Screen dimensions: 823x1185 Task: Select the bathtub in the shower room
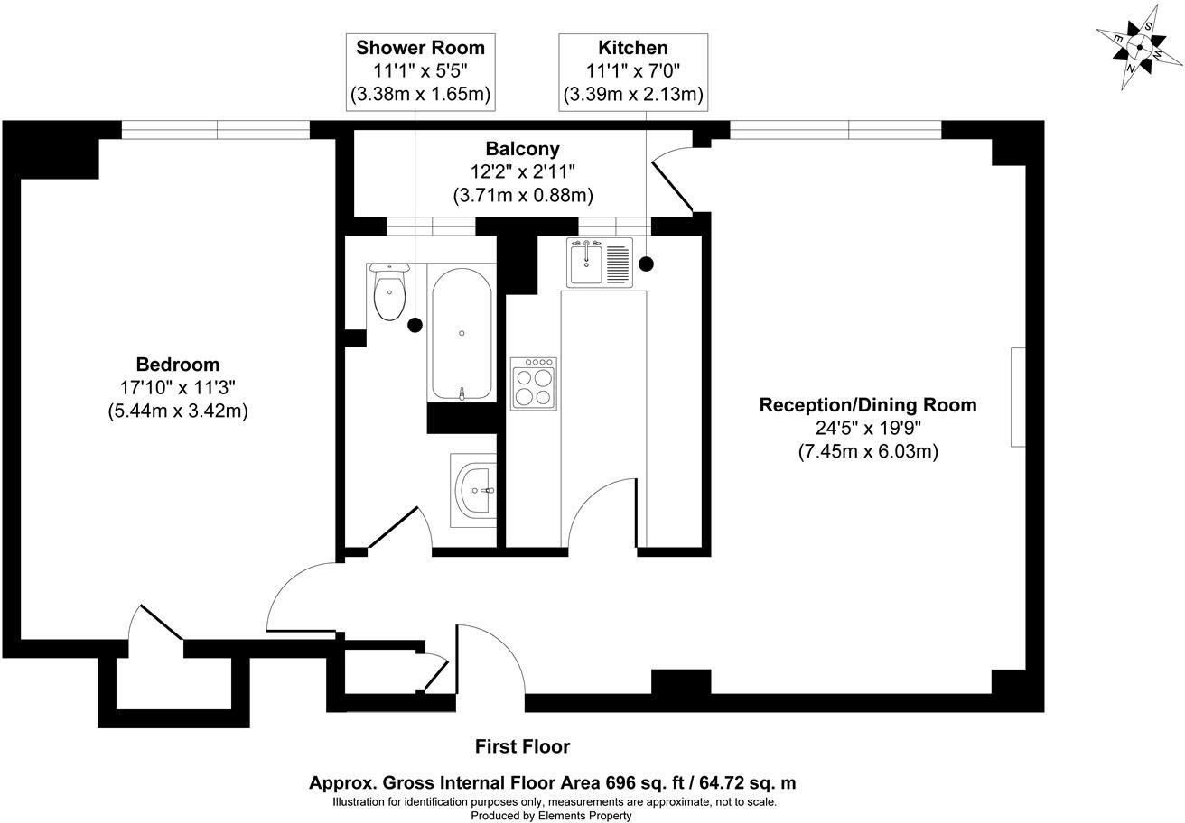(462, 334)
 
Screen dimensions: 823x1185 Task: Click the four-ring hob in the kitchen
(533, 384)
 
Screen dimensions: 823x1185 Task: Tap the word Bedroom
(178, 365)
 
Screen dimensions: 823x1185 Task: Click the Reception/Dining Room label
(867, 405)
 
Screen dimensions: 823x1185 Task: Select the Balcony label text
(522, 149)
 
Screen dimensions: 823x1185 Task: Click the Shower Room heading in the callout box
(420, 48)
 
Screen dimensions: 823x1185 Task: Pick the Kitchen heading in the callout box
(632, 48)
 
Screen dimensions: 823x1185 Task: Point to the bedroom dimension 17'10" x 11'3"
(178, 387)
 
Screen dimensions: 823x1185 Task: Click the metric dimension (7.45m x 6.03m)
(867, 451)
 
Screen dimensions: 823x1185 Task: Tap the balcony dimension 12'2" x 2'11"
(522, 171)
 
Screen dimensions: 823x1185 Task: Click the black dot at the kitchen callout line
(646, 264)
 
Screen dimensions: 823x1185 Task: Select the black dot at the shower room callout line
(415, 325)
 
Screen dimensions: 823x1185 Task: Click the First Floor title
(522, 746)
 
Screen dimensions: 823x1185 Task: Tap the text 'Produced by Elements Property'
(551, 815)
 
